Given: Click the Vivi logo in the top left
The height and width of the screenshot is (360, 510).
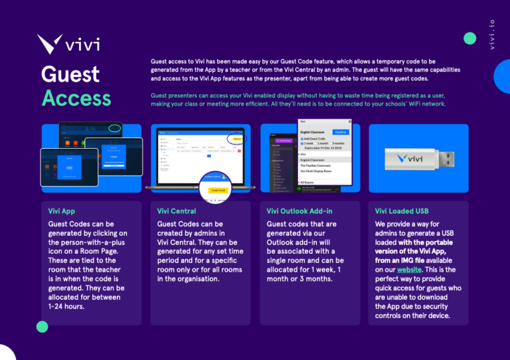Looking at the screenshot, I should (x=69, y=44).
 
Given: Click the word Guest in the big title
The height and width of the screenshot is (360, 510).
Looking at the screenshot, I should (x=70, y=74).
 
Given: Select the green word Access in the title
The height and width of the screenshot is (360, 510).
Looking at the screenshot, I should (x=76, y=98).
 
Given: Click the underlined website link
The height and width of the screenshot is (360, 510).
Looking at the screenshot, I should (x=410, y=270).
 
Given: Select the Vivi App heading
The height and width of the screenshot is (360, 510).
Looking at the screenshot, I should (x=62, y=211).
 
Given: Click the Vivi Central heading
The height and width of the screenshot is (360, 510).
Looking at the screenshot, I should (x=176, y=211).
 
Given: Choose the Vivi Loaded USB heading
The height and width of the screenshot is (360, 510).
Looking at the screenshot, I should (x=402, y=211).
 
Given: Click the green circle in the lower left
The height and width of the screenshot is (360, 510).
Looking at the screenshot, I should (x=42, y=326).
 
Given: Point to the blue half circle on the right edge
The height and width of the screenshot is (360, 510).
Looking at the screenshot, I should (x=503, y=75).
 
